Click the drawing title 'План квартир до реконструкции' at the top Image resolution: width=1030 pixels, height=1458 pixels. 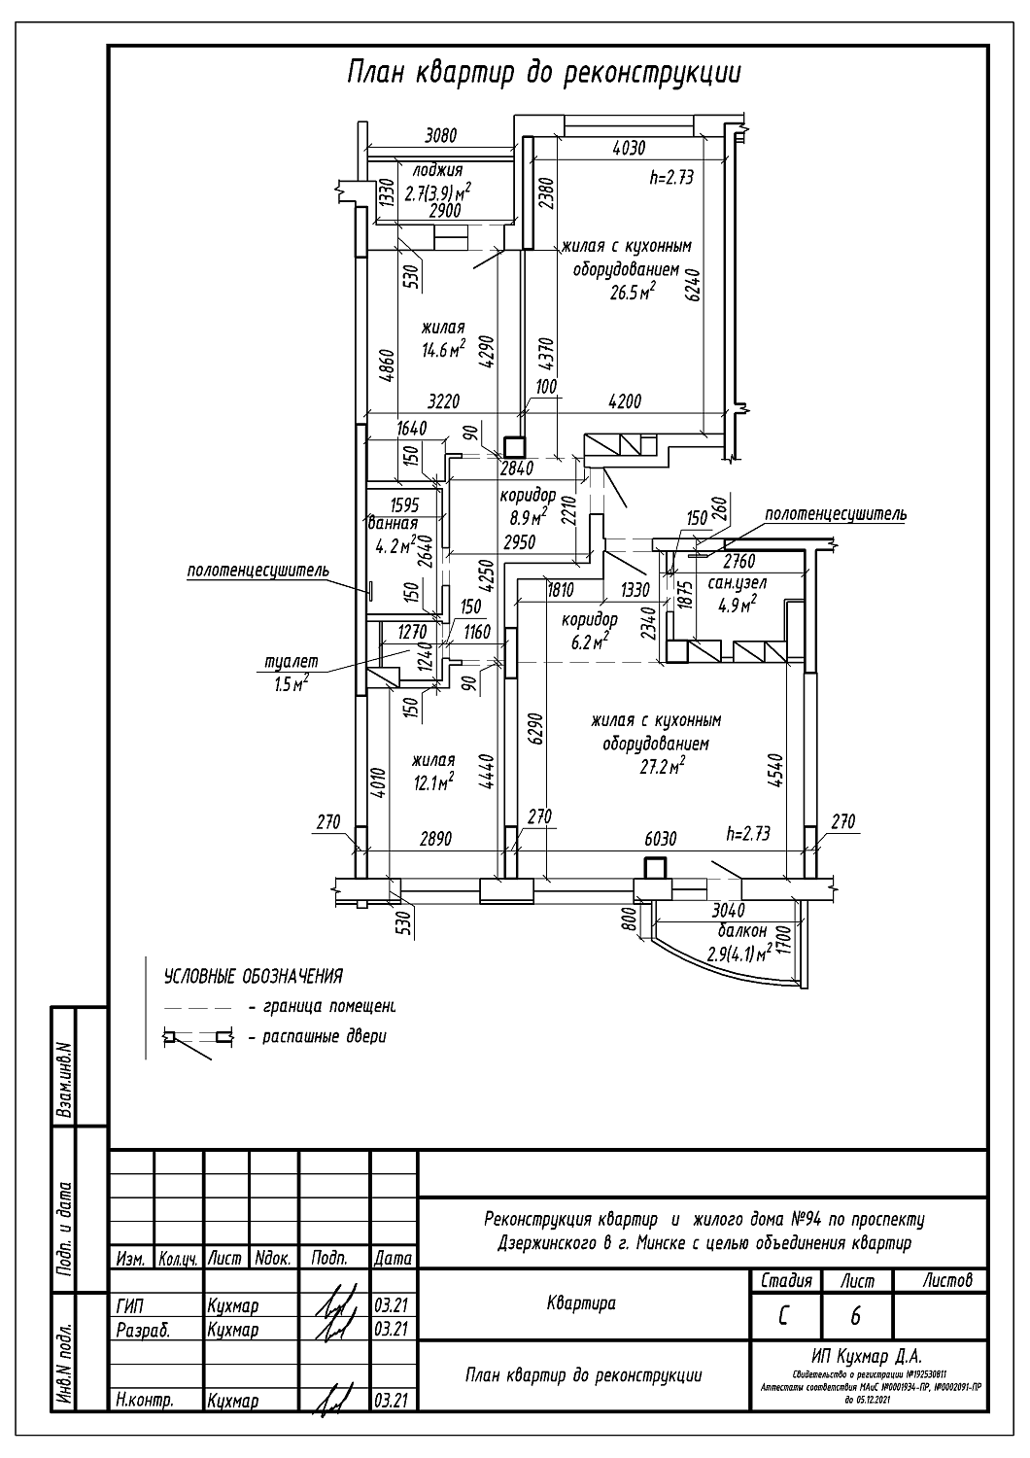click(x=543, y=73)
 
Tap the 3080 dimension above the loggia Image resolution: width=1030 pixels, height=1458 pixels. click(x=440, y=136)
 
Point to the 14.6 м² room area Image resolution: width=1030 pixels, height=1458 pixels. click(x=443, y=349)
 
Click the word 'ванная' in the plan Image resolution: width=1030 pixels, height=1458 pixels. click(x=394, y=524)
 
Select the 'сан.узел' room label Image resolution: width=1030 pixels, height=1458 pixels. click(x=737, y=583)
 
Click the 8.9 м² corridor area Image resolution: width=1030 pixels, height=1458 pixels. click(x=527, y=514)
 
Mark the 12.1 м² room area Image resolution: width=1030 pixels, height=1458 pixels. click(x=433, y=781)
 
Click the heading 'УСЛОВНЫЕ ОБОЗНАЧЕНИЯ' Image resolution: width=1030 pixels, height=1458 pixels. click(x=253, y=975)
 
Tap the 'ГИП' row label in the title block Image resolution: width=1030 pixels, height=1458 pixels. click(x=128, y=1306)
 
